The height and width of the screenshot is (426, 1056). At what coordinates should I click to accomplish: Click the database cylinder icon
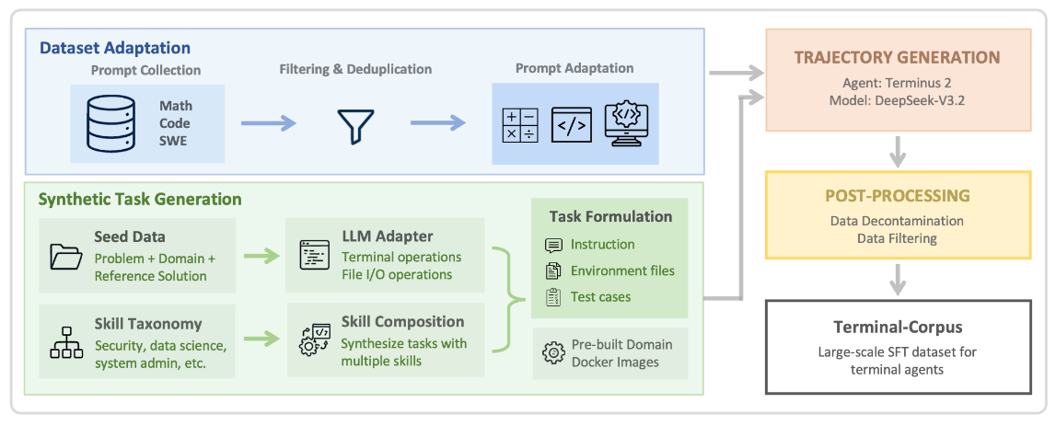110,122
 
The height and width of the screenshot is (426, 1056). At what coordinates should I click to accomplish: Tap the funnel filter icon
355,126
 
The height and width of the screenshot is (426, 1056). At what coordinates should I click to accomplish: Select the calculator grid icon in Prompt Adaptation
520,124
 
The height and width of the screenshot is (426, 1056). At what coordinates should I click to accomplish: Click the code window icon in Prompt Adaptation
571,124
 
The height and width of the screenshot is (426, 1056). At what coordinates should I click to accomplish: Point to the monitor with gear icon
626,124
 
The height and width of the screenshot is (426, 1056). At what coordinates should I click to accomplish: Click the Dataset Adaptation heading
115,48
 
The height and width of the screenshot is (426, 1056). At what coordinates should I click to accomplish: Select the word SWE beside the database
174,141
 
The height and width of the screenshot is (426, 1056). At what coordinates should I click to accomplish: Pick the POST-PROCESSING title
897,196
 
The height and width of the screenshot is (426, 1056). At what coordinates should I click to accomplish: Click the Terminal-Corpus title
898,327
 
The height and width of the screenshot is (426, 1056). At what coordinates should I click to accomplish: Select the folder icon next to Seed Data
66,257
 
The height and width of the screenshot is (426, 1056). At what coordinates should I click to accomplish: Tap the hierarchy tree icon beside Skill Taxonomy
66,342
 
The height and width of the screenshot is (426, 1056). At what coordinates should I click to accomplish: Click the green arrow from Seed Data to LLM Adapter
261,255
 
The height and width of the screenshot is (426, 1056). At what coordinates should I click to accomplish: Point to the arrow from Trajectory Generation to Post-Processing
897,150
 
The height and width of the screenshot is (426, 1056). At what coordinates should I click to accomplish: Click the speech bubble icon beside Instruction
553,245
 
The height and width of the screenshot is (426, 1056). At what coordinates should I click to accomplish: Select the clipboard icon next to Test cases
553,297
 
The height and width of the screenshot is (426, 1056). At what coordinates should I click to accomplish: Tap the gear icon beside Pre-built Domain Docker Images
553,352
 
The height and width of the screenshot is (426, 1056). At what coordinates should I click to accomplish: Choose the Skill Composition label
402,322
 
